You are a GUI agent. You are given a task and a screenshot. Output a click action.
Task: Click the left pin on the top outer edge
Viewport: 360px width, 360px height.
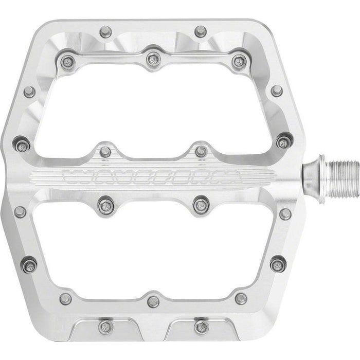tap(106, 32)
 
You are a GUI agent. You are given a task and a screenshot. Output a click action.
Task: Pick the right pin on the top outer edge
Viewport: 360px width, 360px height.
tap(201, 32)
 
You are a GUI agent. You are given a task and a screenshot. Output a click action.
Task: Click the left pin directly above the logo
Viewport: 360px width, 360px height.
tap(106, 152)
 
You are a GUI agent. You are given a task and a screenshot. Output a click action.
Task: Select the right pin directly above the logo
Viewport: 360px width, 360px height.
tap(201, 152)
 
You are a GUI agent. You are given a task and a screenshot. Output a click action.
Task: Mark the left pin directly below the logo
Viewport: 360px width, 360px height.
tap(106, 205)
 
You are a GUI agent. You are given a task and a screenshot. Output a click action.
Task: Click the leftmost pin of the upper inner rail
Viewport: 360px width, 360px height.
tap(67, 62)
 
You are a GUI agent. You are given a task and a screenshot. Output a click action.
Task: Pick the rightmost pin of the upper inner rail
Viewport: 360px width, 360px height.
tap(238, 62)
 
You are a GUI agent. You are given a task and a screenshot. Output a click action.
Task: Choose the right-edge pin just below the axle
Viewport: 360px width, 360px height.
tap(285, 214)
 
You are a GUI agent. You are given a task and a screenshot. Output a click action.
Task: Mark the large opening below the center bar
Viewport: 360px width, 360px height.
tap(154, 252)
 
